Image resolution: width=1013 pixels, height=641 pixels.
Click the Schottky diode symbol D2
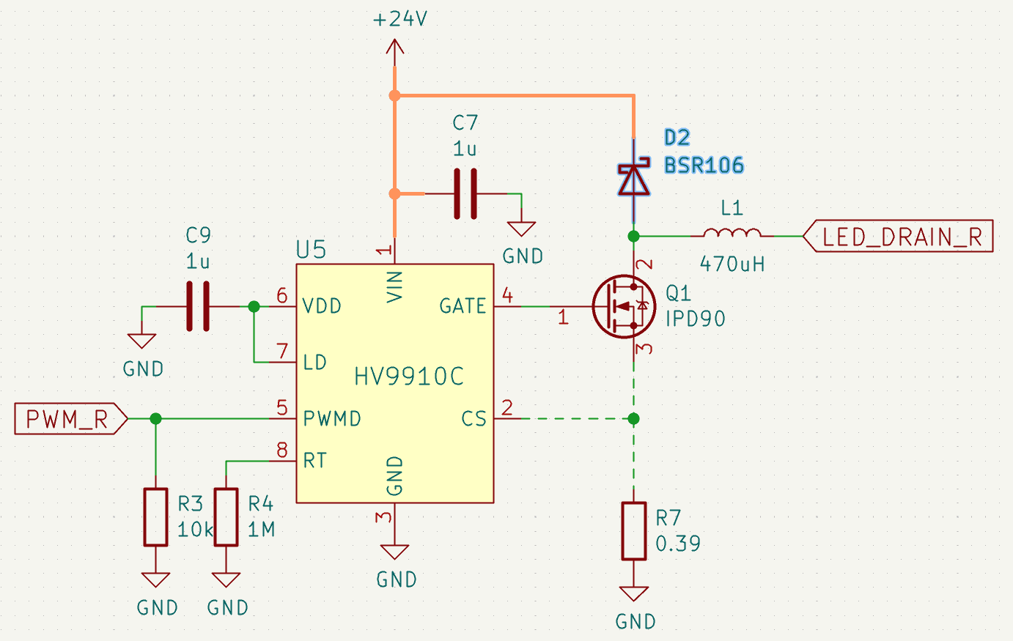(x=633, y=179)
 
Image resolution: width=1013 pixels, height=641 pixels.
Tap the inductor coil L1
(x=732, y=234)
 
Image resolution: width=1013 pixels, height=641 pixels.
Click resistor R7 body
(x=634, y=531)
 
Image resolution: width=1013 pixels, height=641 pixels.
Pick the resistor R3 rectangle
(x=155, y=517)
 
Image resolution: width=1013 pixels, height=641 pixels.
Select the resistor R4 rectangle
(x=226, y=517)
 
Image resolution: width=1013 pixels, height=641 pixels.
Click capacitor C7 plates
(x=465, y=194)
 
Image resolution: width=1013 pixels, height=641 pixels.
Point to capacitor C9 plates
(x=198, y=306)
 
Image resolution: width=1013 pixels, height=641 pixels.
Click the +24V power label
(x=400, y=20)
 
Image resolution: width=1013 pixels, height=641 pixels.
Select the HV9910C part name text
(x=409, y=377)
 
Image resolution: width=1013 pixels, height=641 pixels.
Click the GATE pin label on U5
(x=463, y=305)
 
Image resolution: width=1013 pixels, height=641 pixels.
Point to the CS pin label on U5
(x=474, y=419)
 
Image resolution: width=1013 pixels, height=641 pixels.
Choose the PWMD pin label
(x=332, y=419)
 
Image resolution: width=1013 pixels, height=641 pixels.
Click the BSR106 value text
(x=704, y=166)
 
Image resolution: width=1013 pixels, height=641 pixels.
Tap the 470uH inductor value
(x=732, y=264)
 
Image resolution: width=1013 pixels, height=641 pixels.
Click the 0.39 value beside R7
(x=678, y=544)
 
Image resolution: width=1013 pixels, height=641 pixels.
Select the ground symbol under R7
(x=634, y=593)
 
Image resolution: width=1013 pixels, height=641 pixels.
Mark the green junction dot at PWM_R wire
(x=155, y=419)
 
